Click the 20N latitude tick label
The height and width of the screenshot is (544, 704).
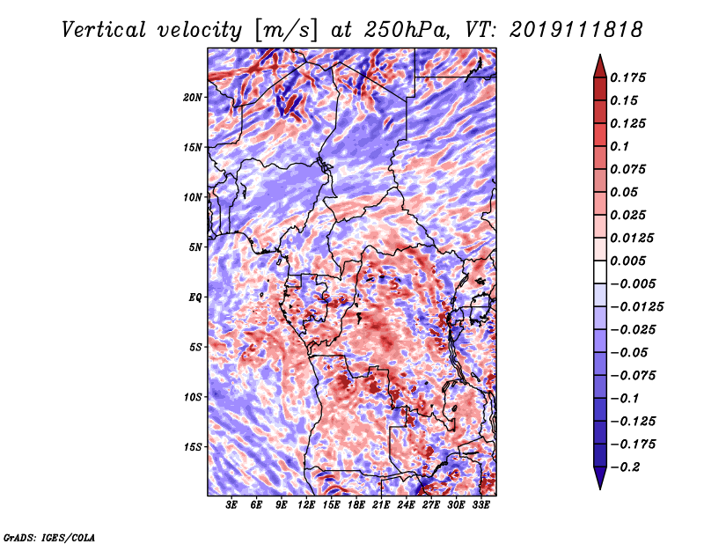point(193,98)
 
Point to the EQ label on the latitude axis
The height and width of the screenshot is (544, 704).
point(195,298)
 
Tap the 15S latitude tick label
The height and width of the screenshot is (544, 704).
point(193,447)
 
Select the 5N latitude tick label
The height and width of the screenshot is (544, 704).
point(195,247)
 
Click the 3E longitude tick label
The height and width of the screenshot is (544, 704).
point(231,504)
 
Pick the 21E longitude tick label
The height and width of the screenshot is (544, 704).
point(381,504)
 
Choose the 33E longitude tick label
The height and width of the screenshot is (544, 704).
point(480,504)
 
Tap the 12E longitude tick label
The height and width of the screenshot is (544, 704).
point(306,504)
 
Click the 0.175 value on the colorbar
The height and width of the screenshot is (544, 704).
point(627,77)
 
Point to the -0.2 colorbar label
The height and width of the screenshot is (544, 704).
point(624,467)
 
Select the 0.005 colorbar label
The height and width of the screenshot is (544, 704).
point(627,261)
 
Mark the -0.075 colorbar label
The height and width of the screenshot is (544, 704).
point(633,376)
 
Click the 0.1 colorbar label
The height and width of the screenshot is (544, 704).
point(620,146)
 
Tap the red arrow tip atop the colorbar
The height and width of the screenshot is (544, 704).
point(600,55)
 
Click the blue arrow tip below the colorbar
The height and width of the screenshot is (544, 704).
point(600,489)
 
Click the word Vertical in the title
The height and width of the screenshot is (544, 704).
point(103,30)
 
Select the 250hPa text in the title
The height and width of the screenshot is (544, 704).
point(406,30)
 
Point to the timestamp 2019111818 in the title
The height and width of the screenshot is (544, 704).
point(576,30)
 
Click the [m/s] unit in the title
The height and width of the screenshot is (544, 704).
point(286,31)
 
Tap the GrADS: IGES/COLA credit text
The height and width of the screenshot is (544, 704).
point(49,537)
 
